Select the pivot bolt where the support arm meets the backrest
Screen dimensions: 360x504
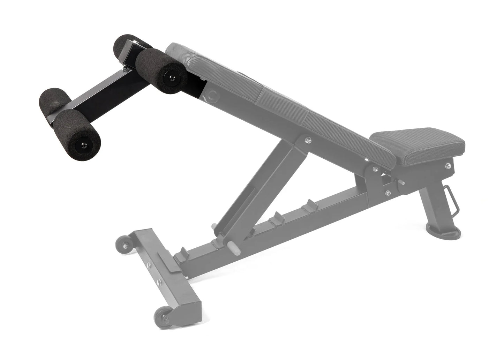[x=307, y=140]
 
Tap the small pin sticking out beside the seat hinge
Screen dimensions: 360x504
[x=403, y=182]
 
